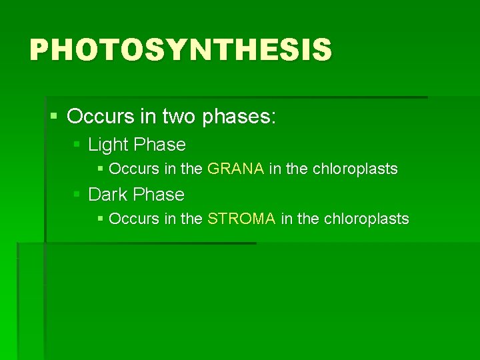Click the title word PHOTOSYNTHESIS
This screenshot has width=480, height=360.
coord(180,50)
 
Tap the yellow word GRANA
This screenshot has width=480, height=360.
coord(236,169)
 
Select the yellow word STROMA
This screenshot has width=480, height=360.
coord(241,219)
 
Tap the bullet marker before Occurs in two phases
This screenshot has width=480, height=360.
coord(55,117)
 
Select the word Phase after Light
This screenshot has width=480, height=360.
coord(159,145)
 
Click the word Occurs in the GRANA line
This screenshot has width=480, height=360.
coord(129,169)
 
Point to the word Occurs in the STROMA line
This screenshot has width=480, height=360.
coord(129,219)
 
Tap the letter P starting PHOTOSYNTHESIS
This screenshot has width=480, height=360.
coord(39,50)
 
